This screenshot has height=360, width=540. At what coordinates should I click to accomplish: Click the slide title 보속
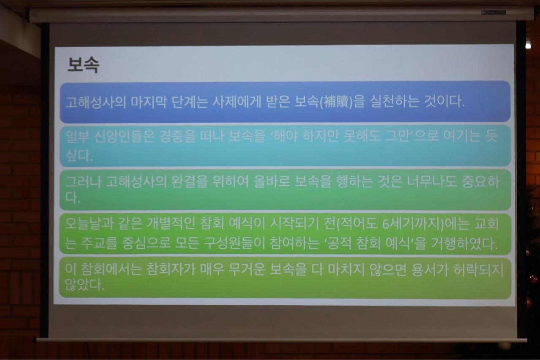[83, 65]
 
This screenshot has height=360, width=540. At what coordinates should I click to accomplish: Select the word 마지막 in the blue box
[149, 102]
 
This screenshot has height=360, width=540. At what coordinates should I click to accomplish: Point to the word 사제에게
[237, 102]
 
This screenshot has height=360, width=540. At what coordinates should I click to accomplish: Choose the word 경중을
[177, 137]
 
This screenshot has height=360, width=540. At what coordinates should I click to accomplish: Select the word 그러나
[83, 182]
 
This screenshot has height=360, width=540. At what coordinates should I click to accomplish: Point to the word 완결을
[189, 182]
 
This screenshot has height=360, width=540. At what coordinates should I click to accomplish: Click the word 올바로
[271, 182]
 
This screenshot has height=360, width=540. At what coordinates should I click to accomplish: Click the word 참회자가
[171, 270]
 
